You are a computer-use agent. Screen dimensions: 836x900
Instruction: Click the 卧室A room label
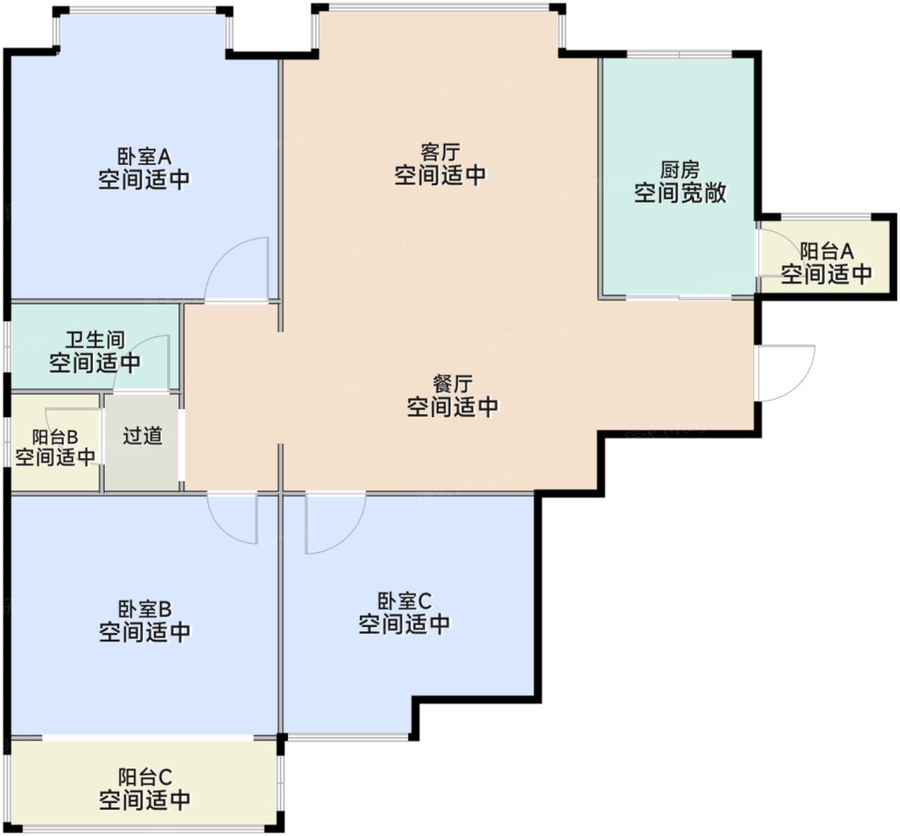pos(144,156)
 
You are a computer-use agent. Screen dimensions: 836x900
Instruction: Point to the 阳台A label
pos(827,251)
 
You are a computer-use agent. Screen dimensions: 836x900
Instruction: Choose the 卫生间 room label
pos(95,341)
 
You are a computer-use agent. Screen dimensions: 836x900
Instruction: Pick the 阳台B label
pos(55,436)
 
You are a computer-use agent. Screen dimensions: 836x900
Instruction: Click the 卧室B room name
pos(145,609)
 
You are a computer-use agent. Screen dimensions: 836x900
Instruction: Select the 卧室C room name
pos(404,601)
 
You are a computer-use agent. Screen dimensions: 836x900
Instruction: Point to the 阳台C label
pos(145,776)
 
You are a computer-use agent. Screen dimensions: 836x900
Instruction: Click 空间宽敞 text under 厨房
pos(680,194)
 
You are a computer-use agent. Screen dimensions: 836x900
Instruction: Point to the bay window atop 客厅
pos(439,8)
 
